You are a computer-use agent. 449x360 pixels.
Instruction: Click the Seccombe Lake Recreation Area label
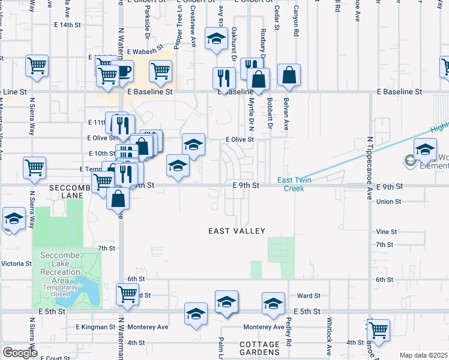pyautogui.click(x=60, y=272)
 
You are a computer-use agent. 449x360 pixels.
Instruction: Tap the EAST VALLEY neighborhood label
pyautogui.click(x=237, y=231)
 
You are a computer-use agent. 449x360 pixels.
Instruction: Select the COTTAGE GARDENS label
pyautogui.click(x=259, y=349)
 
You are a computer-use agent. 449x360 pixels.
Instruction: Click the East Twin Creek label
pyautogui.click(x=291, y=184)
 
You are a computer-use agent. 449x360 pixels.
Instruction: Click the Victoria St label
pyautogui.click(x=16, y=263)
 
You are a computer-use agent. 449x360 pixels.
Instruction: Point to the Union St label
pyautogui.click(x=388, y=202)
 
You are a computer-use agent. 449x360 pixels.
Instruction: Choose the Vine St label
pyautogui.click(x=387, y=232)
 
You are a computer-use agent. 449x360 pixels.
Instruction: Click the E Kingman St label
pyautogui.click(x=95, y=327)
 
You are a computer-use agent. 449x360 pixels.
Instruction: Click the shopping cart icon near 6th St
pyautogui.click(x=127, y=293)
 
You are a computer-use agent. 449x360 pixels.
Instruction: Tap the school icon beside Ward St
pyautogui.click(x=273, y=302)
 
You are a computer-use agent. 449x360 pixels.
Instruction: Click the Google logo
pyautogui.click(x=20, y=353)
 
